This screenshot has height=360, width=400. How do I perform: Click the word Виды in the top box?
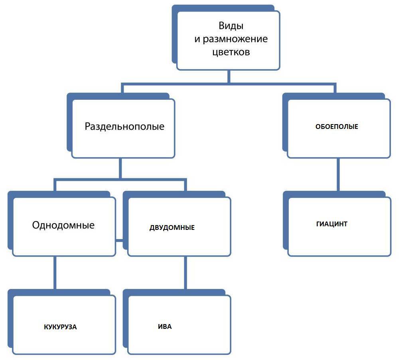(x=231, y=26)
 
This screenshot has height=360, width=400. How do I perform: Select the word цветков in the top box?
(x=231, y=52)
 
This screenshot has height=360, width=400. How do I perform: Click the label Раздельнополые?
(x=124, y=127)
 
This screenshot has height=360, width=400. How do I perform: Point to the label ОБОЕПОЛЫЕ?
(x=337, y=127)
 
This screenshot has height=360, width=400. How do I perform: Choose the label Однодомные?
(x=63, y=225)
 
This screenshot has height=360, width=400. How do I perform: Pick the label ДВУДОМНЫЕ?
(x=172, y=228)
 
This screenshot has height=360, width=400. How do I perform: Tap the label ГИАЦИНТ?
(x=331, y=224)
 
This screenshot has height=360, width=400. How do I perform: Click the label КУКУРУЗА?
(x=60, y=327)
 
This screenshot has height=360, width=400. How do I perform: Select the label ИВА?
(x=165, y=326)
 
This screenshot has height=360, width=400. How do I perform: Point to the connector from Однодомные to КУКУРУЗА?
(x=55, y=273)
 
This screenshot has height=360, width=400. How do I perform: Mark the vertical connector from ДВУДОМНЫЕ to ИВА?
(x=185, y=273)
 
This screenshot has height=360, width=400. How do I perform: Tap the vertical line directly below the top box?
(x=229, y=76)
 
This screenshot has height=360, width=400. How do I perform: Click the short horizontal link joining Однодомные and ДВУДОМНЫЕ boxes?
(x=119, y=241)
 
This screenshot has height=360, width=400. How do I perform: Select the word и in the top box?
(x=197, y=39)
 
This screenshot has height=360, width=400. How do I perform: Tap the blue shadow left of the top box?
(x=174, y=36)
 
